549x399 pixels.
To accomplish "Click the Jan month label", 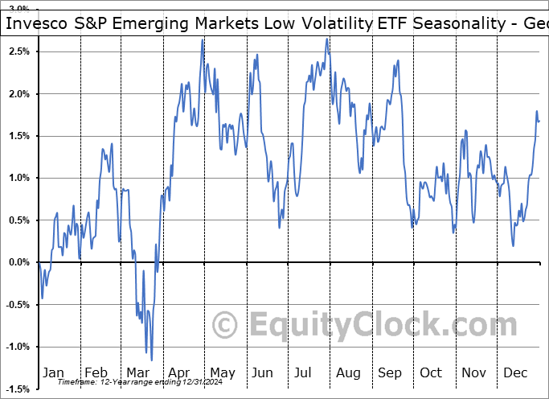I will [52, 372].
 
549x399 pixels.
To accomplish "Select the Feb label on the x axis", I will [96, 372].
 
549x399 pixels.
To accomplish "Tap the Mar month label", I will [137, 372].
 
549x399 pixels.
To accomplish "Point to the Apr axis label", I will [178, 372].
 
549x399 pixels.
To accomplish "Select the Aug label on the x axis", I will [349, 372].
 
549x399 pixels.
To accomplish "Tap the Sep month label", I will [391, 372].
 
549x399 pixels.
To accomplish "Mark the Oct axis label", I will [432, 372].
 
